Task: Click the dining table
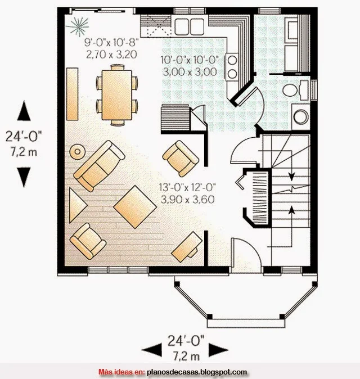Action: click(117, 95)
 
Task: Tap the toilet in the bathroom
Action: click(295, 90)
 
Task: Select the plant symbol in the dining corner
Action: click(78, 26)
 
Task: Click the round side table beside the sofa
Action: click(78, 152)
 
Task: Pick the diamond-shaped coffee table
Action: click(135, 207)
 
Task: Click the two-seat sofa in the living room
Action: click(100, 166)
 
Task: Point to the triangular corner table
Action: click(77, 205)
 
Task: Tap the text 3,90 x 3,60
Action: click(188, 200)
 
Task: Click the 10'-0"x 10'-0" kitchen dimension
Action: click(190, 60)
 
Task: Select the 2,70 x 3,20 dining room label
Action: click(111, 55)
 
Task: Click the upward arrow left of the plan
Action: click(24, 111)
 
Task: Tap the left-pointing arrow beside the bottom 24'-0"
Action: click(151, 350)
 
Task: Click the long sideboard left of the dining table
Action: click(72, 94)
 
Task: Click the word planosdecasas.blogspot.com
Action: click(197, 372)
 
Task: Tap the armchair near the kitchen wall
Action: click(181, 159)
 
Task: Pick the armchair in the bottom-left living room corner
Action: click(88, 241)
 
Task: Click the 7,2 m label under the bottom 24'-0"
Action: click(186, 357)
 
